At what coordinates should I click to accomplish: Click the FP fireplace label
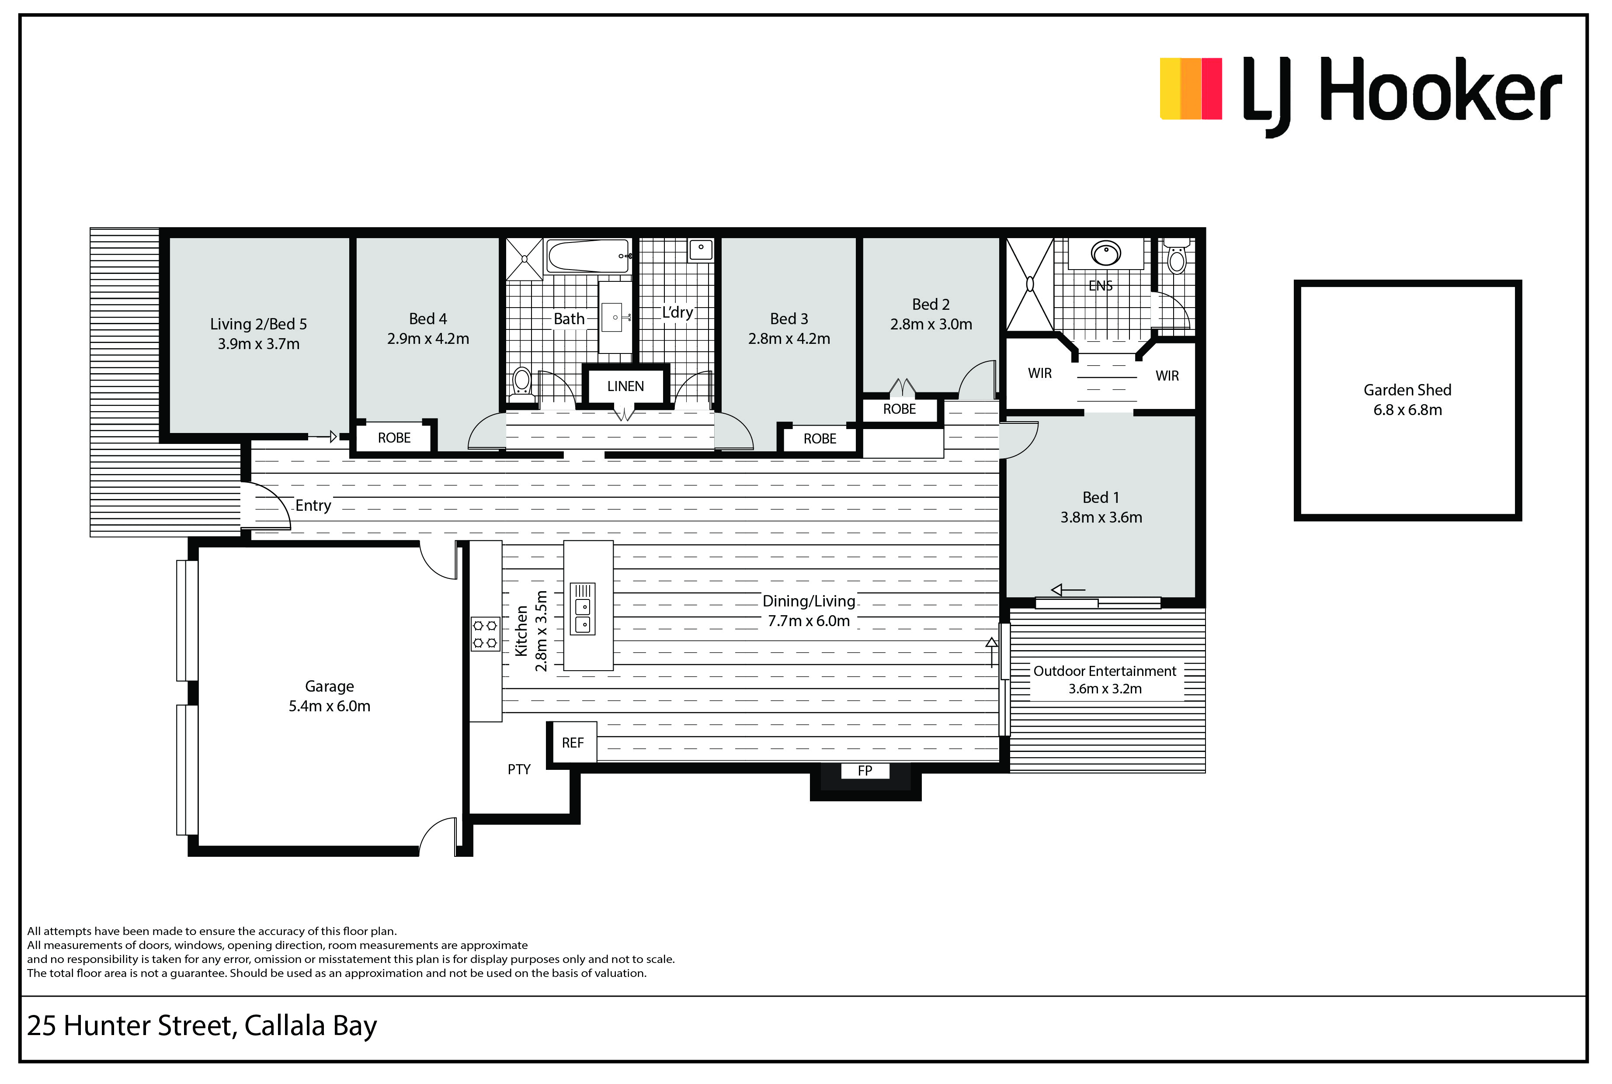coord(865,770)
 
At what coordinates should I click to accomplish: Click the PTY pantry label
coord(519,769)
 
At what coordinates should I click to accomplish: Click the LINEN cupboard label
coord(625,386)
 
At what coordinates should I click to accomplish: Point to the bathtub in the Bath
coord(588,256)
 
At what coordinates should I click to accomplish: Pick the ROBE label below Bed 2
coord(899,409)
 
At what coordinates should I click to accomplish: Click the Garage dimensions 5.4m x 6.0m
coord(329,706)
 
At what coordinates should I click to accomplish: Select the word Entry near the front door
coord(313,506)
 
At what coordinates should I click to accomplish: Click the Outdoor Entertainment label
coord(1105,671)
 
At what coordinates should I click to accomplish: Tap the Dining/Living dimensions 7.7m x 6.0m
coord(809,621)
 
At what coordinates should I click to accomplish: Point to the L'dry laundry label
coord(677,312)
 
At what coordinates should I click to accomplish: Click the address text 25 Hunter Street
coord(132,1026)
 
